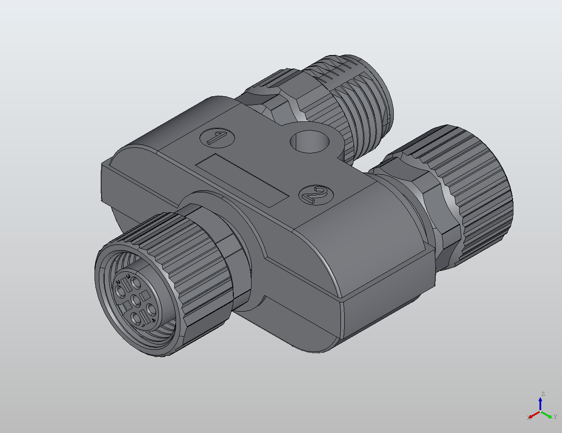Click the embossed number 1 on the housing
(217, 138)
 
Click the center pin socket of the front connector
(136, 301)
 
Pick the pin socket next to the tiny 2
(120, 292)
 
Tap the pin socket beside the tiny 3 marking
(136, 283)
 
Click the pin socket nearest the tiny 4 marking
(151, 309)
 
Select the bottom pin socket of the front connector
(136, 319)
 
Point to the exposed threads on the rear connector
(369, 108)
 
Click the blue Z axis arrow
(540, 404)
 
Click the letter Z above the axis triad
(543, 394)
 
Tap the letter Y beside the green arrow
(555, 417)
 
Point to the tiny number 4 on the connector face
(154, 320)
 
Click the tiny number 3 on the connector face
(128, 276)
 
